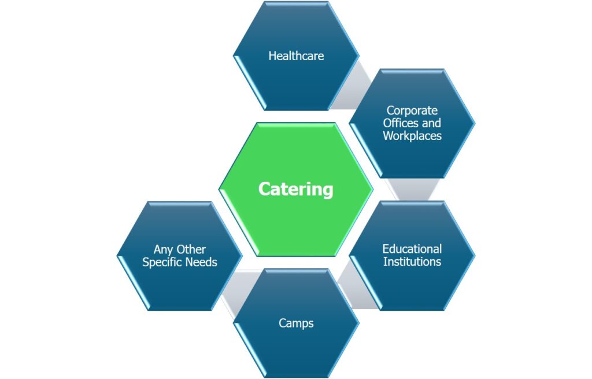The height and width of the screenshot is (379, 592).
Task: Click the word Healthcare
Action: pos(296,56)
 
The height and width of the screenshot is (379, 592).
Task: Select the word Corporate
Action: pos(412,110)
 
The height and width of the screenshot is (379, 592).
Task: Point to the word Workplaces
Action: pos(412,136)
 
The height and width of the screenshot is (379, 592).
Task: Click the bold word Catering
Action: pos(295,189)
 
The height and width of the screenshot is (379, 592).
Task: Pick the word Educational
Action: pos(412,249)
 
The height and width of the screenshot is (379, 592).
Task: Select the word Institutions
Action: pos(412,262)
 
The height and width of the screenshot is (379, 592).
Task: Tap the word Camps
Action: pos(296,323)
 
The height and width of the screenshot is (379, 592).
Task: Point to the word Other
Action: pos(191,249)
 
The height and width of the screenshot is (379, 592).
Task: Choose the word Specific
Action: pos(164,262)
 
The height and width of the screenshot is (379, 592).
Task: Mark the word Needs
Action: pos(202,262)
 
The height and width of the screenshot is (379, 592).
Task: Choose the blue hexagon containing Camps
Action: pos(296,347)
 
